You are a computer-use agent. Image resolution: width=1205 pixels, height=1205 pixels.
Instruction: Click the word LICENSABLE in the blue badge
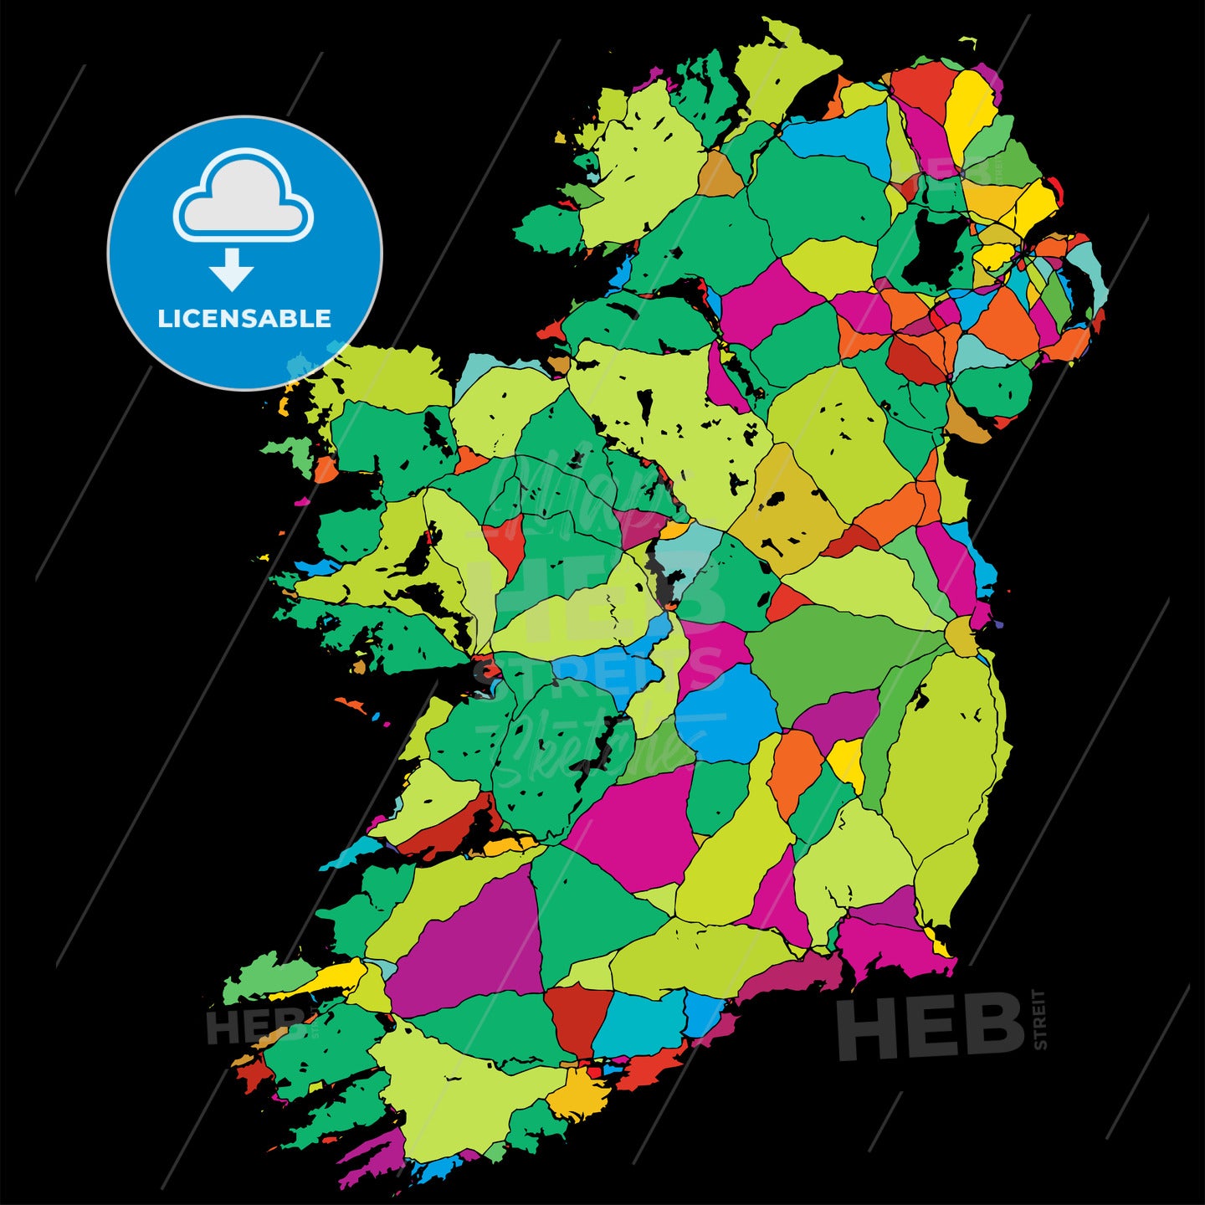(244, 319)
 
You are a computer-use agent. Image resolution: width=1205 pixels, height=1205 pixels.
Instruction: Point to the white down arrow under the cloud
(232, 269)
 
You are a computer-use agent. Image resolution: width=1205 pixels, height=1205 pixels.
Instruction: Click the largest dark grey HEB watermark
(931, 1027)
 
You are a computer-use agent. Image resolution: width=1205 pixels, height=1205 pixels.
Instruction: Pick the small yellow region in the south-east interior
(847, 761)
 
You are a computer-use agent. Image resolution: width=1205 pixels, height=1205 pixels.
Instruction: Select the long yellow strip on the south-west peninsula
(322, 981)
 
